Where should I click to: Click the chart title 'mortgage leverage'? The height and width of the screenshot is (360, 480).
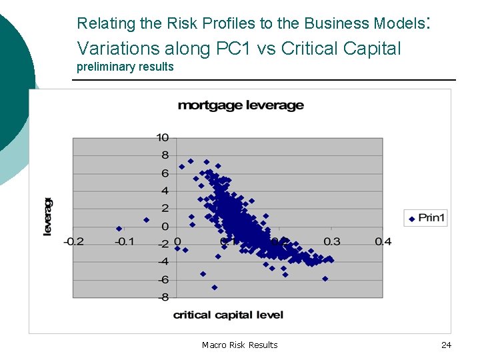click(241, 105)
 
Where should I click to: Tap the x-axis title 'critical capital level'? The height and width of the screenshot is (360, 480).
click(228, 315)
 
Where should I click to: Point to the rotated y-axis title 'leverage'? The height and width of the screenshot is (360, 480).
click(48, 216)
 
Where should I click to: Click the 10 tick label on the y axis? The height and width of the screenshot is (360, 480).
click(162, 137)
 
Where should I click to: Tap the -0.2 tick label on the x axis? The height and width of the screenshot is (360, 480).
click(73, 241)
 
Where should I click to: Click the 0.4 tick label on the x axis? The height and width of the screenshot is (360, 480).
click(383, 241)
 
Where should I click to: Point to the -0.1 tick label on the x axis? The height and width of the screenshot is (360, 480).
click(125, 241)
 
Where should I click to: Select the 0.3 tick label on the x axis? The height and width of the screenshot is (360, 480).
click(331, 241)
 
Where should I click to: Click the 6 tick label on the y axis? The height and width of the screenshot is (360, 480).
click(165, 173)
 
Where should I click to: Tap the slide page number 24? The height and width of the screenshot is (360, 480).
click(446, 345)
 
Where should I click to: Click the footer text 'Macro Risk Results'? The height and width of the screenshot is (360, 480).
click(239, 345)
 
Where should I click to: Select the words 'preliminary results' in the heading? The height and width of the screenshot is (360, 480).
click(125, 67)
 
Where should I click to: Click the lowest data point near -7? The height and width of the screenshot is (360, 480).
click(215, 287)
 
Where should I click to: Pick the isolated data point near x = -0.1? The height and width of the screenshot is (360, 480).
click(119, 229)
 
